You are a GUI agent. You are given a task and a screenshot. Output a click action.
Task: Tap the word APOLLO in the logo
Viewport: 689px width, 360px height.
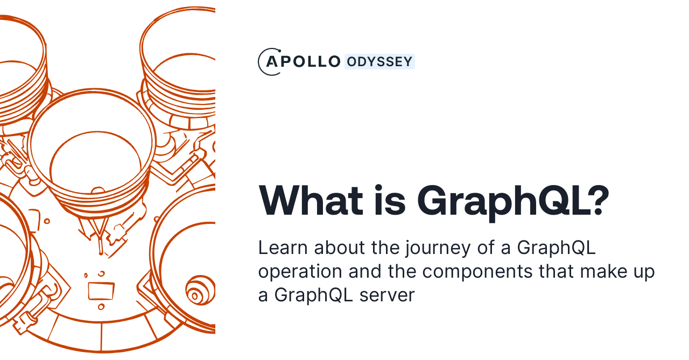(x=303, y=62)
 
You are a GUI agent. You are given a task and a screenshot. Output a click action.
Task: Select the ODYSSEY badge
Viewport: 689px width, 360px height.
(x=379, y=62)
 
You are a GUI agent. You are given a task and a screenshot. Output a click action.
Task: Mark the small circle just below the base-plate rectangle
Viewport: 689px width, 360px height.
(x=101, y=307)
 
